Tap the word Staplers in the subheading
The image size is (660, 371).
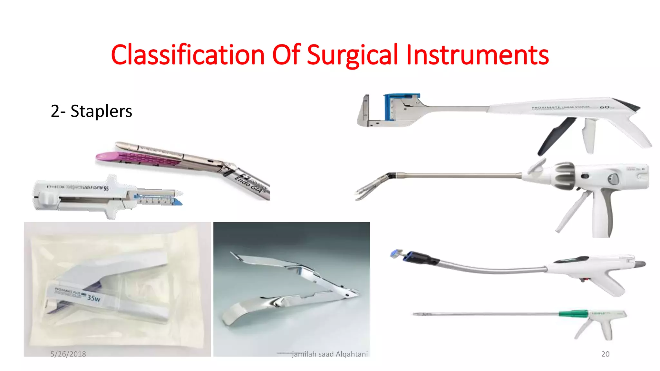pyautogui.click(x=101, y=111)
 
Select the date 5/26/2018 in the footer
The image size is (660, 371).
pyautogui.click(x=68, y=354)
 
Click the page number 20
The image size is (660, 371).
pyautogui.click(x=605, y=354)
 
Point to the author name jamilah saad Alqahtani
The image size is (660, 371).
pyautogui.click(x=329, y=354)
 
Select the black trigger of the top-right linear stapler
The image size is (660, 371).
pyautogui.click(x=554, y=135)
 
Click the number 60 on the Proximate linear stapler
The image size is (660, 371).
pyautogui.click(x=604, y=107)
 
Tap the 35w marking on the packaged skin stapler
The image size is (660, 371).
pyautogui.click(x=94, y=298)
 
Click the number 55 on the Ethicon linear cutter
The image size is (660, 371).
pyautogui.click(x=106, y=188)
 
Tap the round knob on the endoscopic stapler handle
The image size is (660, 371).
pyautogui.click(x=613, y=179)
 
